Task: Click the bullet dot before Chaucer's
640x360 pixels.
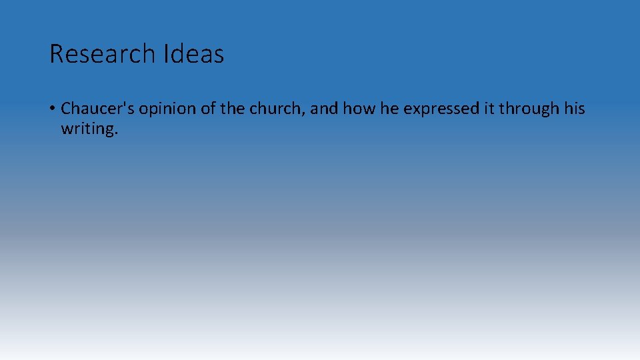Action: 52,109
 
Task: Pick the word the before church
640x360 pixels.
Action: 233,109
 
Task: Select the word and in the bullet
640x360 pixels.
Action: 324,109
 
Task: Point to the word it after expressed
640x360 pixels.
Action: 486,109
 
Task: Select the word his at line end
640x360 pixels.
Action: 574,109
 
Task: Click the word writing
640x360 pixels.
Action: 87,129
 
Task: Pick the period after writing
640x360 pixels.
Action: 116,133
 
